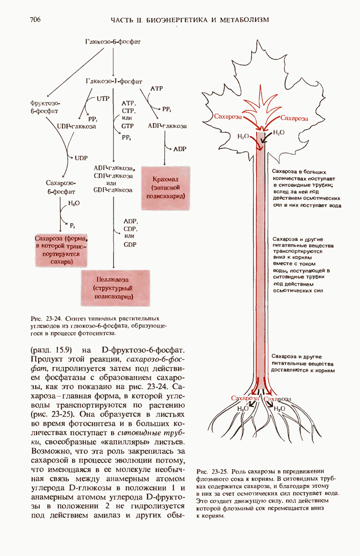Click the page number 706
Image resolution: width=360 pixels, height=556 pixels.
coord(36,20)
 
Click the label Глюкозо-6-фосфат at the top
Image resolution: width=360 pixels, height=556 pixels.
coord(113,42)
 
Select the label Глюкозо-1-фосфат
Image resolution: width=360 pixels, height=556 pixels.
coord(114,81)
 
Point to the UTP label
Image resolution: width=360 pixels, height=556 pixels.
coord(103,98)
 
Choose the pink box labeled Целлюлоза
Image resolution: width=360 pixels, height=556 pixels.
coord(113,288)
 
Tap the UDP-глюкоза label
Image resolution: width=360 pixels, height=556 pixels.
coord(76,126)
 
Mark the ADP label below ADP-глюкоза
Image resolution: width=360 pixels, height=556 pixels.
coord(179,149)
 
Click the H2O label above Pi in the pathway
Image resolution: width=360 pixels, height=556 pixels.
coord(74,203)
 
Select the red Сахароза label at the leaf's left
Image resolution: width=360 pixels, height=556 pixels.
coord(228,118)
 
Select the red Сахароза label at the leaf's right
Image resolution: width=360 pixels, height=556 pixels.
coord(294,118)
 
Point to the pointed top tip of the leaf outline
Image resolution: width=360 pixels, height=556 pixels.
coord(262,40)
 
